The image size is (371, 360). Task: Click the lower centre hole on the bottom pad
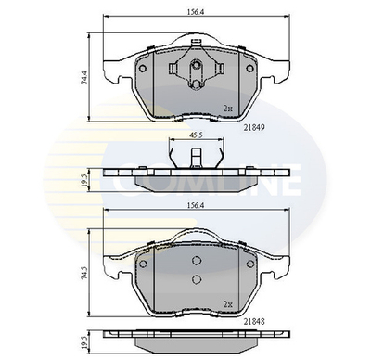pos(196,279)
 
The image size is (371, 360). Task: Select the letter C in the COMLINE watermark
pos(121,182)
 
